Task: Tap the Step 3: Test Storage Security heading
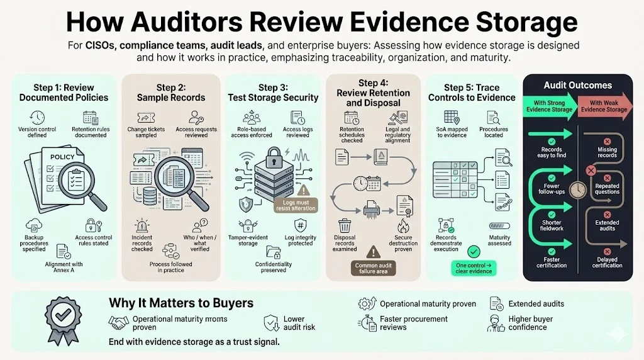pos(272,93)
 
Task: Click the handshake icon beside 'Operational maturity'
pos(118,323)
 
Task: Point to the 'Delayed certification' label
pos(607,262)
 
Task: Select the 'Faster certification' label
pos(552,262)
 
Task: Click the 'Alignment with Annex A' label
pos(64,267)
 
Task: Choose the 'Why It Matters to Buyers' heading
pos(181,303)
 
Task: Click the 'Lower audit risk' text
pos(299,323)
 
